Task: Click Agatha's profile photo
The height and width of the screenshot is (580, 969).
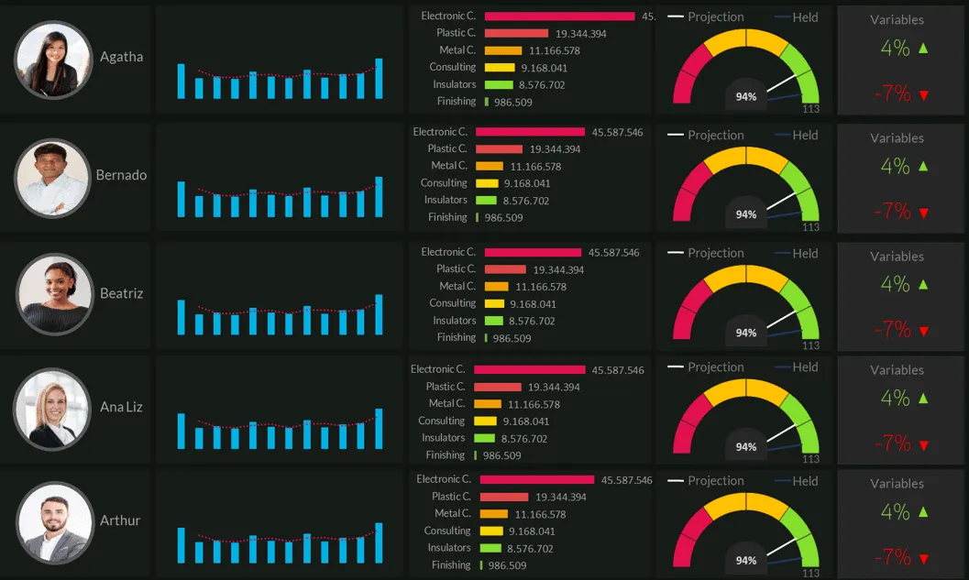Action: pos(54,60)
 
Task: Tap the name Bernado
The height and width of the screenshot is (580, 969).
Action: pos(121,175)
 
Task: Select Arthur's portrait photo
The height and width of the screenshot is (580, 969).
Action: pos(55,522)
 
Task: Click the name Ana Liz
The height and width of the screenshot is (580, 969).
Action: pos(121,407)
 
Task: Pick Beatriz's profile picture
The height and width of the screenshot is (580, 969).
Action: pos(55,294)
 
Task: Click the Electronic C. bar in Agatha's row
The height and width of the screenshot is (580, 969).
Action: pos(559,16)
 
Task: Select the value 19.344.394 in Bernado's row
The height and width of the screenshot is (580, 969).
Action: pos(555,148)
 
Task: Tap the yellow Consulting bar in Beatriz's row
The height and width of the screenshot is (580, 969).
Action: pos(494,304)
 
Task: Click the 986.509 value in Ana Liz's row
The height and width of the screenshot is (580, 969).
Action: pos(501,456)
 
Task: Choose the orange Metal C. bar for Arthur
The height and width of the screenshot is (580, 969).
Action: pos(494,514)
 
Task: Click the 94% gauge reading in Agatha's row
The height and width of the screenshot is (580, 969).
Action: pos(746,97)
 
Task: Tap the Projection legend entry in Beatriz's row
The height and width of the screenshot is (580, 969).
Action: pos(706,253)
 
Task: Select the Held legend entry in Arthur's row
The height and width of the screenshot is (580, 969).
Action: pos(797,481)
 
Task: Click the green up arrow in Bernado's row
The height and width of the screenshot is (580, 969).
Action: pos(923,166)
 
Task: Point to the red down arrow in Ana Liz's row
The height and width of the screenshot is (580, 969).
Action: pos(924,445)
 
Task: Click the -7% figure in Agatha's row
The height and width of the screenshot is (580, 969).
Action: pos(892,93)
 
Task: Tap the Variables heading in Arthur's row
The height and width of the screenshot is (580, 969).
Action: pos(897,484)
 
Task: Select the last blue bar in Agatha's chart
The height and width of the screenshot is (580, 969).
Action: pos(379,79)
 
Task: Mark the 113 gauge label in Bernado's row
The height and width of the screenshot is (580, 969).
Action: pos(810,227)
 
